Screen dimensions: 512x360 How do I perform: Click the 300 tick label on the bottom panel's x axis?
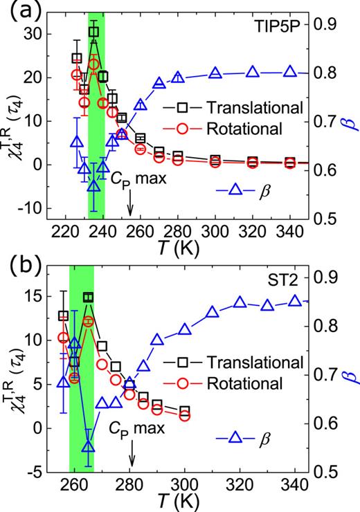point(184,484)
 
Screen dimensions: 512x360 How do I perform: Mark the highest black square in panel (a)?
point(93,32)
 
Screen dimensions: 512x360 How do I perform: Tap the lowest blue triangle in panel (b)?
point(88,446)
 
